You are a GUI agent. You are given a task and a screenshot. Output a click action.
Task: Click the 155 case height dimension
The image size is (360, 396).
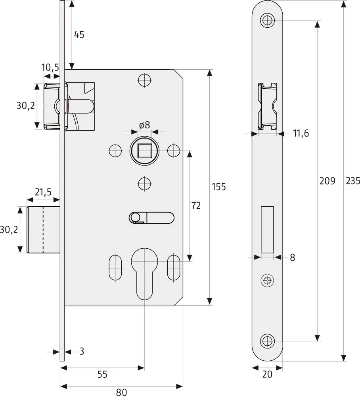coord(218,187)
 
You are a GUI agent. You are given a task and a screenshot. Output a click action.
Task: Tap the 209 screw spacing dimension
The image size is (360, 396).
coord(327,181)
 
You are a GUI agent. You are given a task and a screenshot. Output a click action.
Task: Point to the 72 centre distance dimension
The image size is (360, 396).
coord(196,206)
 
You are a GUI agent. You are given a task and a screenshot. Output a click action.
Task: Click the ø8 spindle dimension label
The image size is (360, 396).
coord(144,125)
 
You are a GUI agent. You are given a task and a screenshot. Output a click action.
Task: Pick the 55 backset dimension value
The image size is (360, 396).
coord(102,374)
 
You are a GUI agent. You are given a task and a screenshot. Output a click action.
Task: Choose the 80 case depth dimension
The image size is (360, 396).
coord(121,392)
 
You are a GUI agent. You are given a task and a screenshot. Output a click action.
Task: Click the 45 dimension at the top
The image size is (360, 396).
coord(79,34)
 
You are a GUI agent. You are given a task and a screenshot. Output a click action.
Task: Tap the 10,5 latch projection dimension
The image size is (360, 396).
coord(50,68)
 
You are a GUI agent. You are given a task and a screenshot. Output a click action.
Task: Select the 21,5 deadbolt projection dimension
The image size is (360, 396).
coord(43,192)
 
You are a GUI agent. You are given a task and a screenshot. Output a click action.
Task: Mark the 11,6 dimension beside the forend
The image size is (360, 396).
coord(301,133)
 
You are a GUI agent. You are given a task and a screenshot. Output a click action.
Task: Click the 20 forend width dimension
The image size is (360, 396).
coord(268,374)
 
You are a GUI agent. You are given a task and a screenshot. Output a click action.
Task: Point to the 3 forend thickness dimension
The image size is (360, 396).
coord(82,351)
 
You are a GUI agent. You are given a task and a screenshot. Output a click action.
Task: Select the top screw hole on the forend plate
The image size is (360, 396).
coord(268,20)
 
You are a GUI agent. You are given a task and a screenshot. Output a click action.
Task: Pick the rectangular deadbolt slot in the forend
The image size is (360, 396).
coord(268,230)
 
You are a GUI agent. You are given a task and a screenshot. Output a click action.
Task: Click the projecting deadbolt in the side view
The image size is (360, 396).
coord(43,230)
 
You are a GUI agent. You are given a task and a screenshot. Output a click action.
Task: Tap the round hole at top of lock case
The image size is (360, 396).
coord(144,80)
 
